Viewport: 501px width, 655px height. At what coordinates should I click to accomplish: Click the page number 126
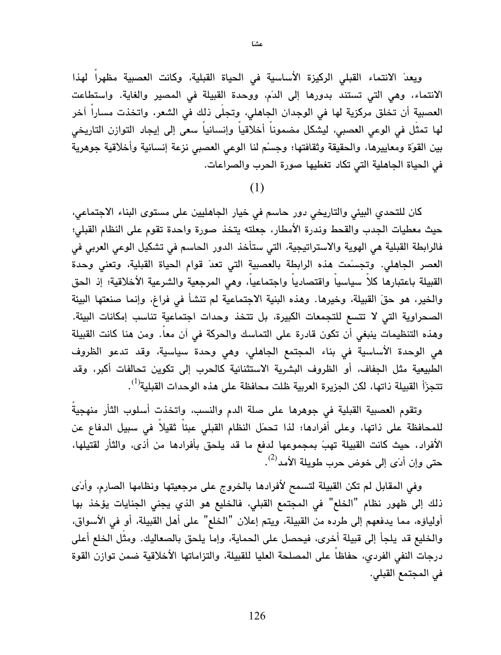[x=257, y=616]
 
